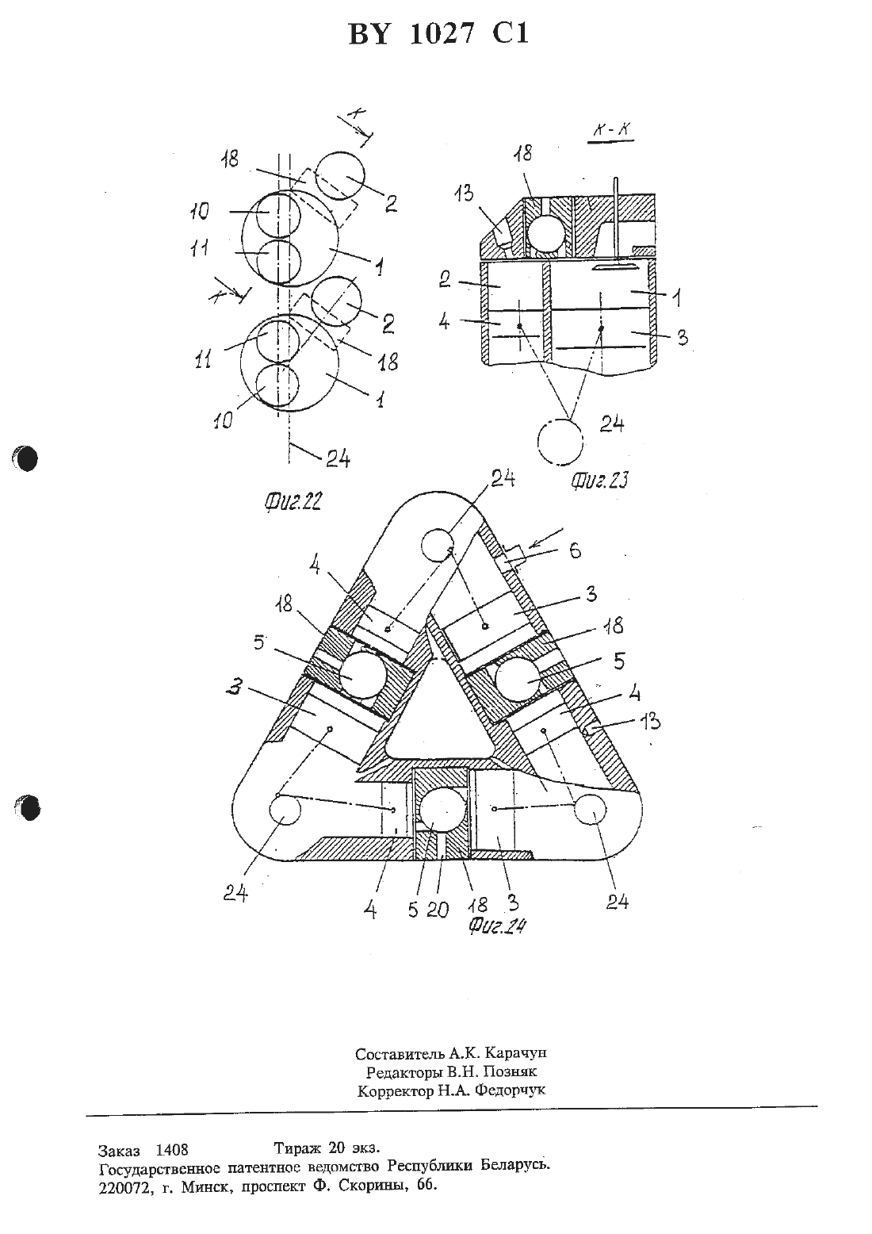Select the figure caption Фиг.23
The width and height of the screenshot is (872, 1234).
coord(599,480)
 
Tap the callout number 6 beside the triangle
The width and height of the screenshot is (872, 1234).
coord(576,550)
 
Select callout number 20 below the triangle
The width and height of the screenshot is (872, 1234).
coord(438,910)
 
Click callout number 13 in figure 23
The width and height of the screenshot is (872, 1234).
coord(464,193)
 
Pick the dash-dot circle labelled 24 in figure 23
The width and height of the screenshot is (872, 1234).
coord(560,443)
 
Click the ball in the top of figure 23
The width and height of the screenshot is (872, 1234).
coord(545,232)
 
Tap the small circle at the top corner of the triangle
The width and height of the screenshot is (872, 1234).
coord(437,544)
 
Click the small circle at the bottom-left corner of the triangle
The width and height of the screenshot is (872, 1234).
coord(285,811)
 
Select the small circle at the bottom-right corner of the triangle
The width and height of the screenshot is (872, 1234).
coord(590,810)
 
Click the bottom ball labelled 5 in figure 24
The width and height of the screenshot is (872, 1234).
coord(442,809)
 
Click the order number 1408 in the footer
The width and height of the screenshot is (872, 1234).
coord(172,1150)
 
